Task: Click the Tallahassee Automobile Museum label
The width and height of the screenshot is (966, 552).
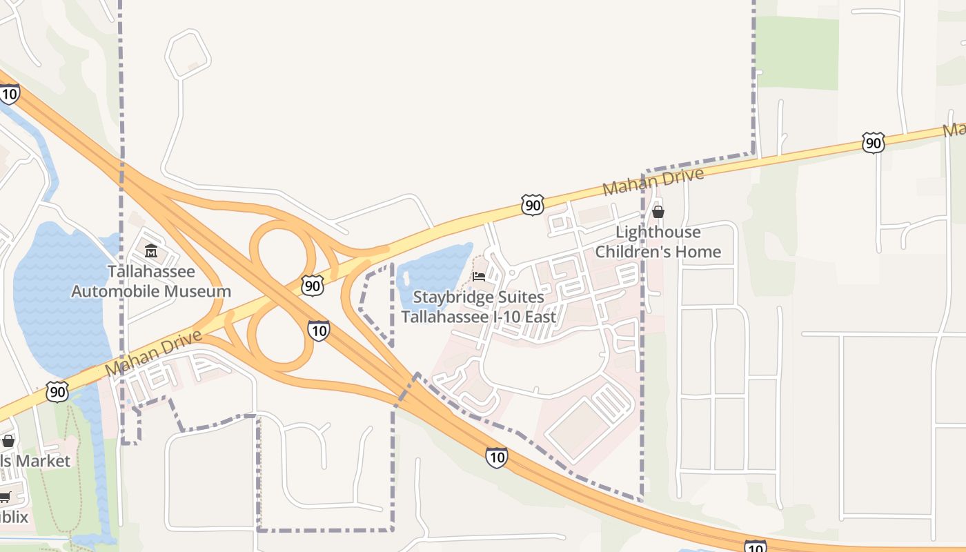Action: [151, 282]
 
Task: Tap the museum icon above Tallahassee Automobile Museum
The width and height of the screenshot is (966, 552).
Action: [151, 250]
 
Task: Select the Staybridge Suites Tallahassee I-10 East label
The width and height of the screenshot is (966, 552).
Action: [478, 307]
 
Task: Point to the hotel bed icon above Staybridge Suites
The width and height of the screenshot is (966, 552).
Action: [478, 277]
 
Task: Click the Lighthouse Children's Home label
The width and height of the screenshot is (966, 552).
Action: [658, 242]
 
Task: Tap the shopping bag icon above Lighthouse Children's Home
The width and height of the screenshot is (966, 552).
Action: [658, 212]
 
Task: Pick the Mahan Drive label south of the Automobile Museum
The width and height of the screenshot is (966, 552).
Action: [155, 353]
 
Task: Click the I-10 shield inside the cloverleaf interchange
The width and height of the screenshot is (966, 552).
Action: [318, 331]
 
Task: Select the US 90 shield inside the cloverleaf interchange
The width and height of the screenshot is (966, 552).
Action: [313, 286]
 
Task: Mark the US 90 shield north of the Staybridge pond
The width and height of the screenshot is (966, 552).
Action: [532, 205]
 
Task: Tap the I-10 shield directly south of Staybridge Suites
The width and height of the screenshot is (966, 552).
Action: [496, 457]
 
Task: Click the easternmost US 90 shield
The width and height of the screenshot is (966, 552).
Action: [873, 143]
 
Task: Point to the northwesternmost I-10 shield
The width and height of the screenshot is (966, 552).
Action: [10, 93]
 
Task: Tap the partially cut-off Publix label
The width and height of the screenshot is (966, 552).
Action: [14, 517]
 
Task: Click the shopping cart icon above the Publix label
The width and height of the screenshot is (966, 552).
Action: [5, 497]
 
